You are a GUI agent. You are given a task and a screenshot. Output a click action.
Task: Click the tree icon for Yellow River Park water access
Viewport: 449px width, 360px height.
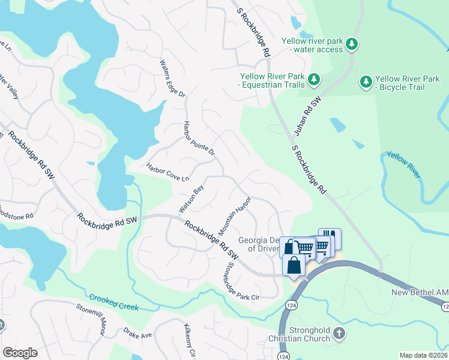pos(352,44)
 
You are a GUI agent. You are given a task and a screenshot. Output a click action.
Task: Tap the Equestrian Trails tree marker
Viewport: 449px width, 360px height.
pos(313,79)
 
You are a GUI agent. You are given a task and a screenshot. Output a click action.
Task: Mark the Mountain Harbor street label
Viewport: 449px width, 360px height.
pos(234,215)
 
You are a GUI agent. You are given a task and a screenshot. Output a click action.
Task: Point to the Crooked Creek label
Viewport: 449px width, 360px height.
pos(114,302)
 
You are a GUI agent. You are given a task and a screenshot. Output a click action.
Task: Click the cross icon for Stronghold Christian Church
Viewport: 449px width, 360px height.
pos(339,332)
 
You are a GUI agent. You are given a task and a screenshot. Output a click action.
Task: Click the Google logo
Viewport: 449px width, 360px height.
pos(20,353)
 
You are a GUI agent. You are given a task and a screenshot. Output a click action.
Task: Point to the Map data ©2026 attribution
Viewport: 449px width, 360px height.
pos(424,355)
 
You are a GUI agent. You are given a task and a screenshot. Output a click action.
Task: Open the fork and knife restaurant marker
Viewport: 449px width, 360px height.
pos(330,238)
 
